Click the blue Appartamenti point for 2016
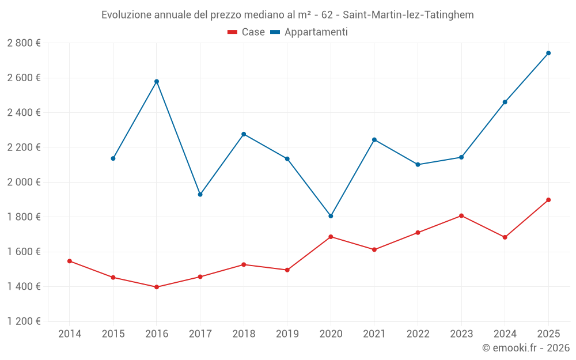point(157,81)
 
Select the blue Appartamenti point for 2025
point(548,53)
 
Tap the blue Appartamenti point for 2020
point(331,216)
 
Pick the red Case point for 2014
point(70,261)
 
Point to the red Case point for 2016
point(157,287)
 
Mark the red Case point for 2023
point(461,215)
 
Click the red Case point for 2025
point(548,200)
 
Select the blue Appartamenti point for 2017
point(200,195)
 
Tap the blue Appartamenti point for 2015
point(113,158)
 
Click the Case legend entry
point(247,32)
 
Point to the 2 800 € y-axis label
point(24,43)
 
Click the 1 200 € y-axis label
point(24,321)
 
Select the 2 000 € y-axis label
point(24,182)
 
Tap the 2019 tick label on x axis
point(287,334)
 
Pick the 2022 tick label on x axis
point(418,334)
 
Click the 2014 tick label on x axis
point(70,334)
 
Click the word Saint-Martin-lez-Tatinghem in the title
point(408,15)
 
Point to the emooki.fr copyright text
point(526,348)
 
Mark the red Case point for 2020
point(331,237)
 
